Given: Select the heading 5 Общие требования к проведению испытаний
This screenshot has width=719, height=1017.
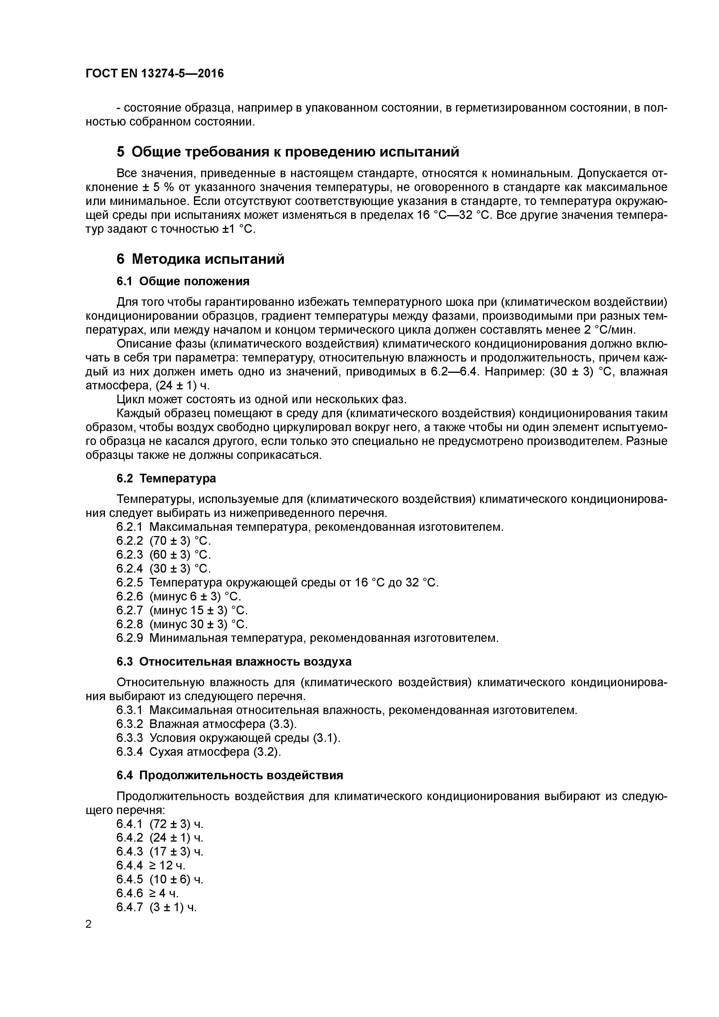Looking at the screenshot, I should click(288, 152).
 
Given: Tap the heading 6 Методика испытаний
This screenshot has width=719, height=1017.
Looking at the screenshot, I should click(200, 259).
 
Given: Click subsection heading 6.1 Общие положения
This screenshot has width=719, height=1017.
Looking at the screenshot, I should click(183, 281).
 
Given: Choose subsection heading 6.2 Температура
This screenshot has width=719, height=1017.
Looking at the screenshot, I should click(166, 478).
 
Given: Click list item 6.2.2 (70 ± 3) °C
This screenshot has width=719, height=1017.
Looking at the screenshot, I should click(164, 541).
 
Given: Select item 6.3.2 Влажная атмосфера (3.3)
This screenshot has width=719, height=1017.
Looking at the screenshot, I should click(206, 724).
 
